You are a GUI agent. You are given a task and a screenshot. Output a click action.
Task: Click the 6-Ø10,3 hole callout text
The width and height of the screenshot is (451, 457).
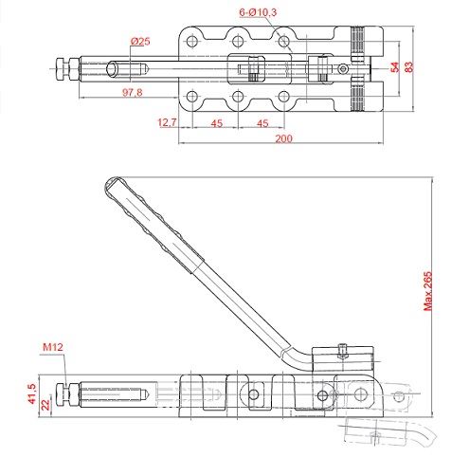click(x=258, y=12)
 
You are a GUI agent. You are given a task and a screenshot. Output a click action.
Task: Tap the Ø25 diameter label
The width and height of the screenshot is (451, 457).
click(x=140, y=42)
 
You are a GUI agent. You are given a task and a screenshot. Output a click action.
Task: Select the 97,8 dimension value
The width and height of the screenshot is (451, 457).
click(x=133, y=93)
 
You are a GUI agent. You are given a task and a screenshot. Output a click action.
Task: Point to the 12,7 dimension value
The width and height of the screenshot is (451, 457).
click(x=167, y=122)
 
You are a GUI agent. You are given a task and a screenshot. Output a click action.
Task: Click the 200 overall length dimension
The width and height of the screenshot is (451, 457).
click(x=283, y=138)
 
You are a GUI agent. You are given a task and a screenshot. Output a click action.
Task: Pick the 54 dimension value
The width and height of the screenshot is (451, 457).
click(x=395, y=67)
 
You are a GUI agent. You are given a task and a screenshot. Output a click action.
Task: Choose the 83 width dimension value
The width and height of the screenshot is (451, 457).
click(x=408, y=67)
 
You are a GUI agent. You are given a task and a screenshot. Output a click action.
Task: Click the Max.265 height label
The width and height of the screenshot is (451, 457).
click(x=427, y=291)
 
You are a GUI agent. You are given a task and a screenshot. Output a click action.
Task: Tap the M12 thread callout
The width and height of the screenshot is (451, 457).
click(x=53, y=347)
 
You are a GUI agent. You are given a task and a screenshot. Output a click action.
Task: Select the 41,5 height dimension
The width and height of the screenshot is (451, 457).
click(x=32, y=393)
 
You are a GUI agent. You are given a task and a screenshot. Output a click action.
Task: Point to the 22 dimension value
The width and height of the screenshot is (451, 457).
click(x=45, y=405)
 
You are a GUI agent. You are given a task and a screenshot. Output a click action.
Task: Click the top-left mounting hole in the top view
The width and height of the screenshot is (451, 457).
click(x=192, y=41)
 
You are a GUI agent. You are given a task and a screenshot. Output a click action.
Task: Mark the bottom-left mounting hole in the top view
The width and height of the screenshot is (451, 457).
click(x=192, y=97)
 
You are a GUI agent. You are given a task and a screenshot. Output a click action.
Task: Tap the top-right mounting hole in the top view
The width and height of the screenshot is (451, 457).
click(x=284, y=41)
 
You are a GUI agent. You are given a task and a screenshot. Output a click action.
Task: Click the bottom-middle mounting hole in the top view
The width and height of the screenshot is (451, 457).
click(x=238, y=97)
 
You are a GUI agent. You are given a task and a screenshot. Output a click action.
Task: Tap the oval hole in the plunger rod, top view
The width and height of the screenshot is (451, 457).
click(x=112, y=69)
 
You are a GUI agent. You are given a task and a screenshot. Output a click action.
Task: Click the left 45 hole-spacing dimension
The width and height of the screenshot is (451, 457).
click(x=217, y=123)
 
